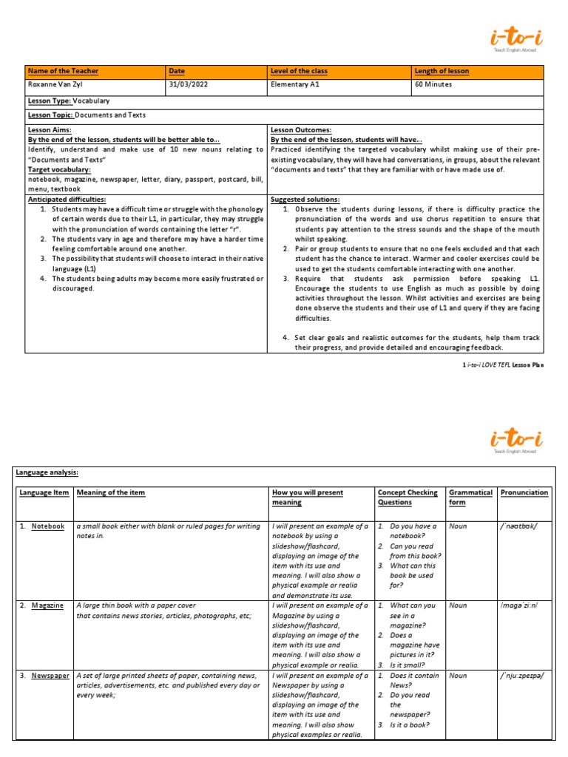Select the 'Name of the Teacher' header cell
[63, 71]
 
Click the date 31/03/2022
[186, 84]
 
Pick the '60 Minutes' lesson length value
[433, 84]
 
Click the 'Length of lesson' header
[442, 71]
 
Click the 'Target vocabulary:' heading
[59, 169]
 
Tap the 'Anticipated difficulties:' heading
[67, 200]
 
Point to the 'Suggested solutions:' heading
[305, 200]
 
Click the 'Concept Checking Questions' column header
[408, 497]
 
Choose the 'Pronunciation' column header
[524, 492]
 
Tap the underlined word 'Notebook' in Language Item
[48, 526]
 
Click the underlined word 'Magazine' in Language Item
[47, 605]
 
